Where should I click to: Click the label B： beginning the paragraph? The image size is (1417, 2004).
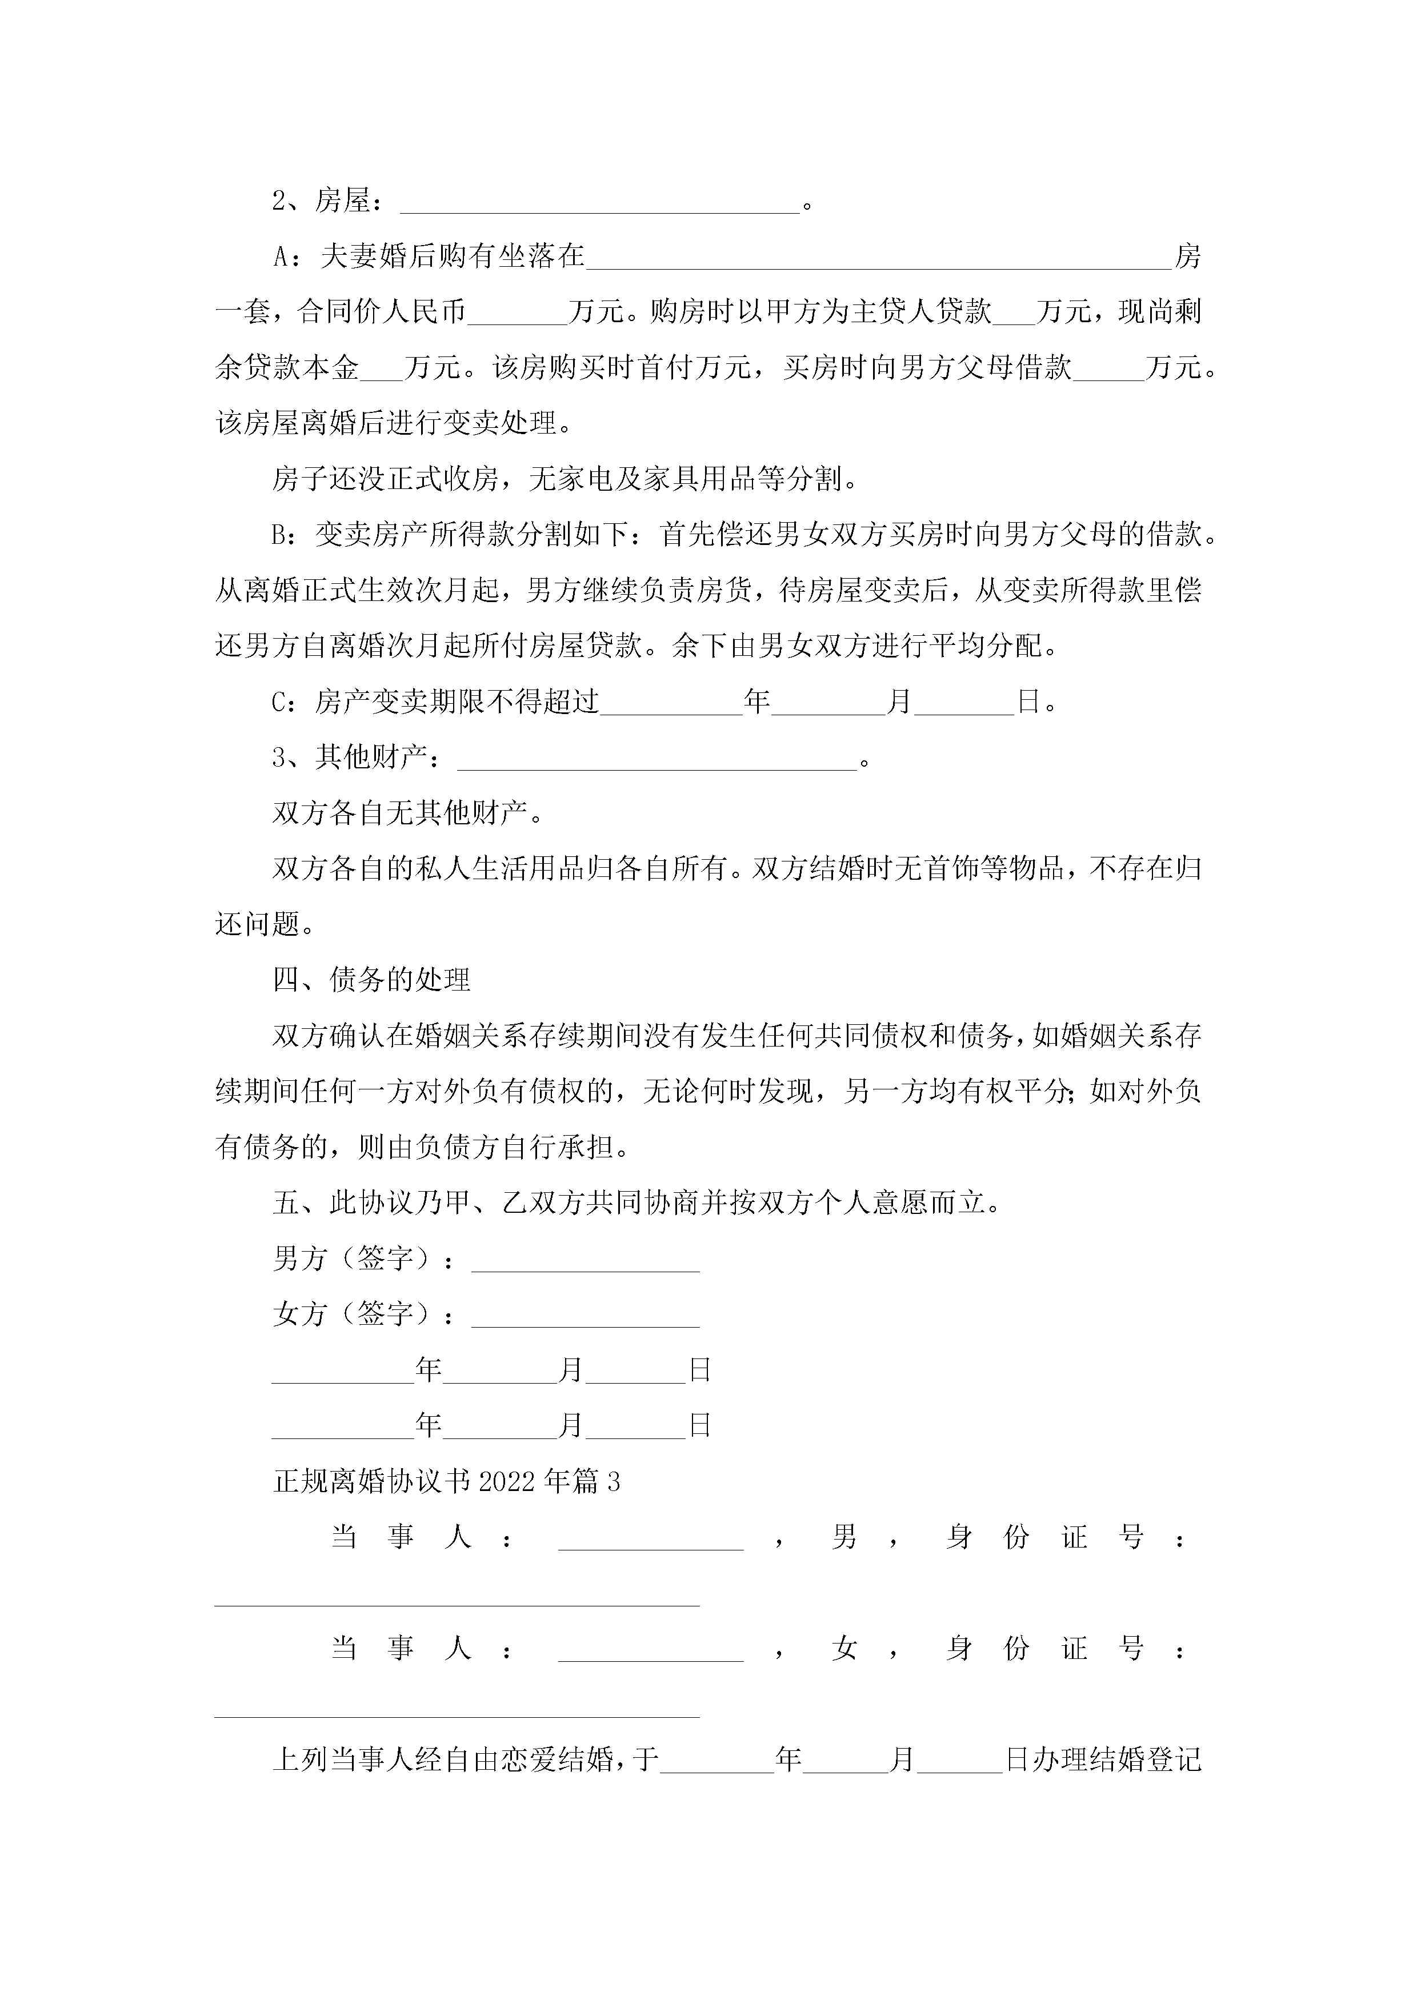tap(286, 534)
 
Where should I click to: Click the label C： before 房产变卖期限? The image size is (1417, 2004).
tap(286, 702)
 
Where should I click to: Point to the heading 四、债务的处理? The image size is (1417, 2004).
tap(371, 980)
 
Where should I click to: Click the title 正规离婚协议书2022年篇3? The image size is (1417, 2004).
tap(446, 1481)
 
